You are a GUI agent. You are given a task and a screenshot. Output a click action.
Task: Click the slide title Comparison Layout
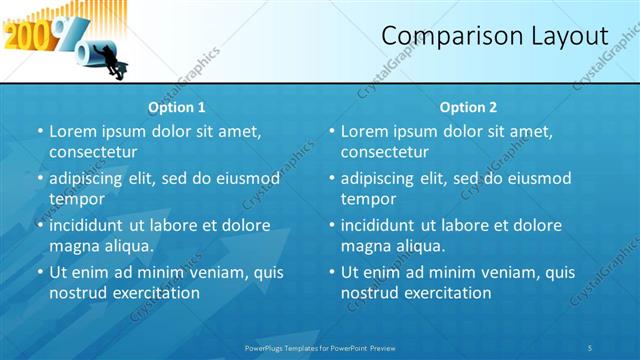click(x=495, y=37)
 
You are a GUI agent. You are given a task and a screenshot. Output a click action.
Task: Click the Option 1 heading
click(x=177, y=107)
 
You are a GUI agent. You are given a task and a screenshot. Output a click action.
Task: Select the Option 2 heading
click(x=469, y=107)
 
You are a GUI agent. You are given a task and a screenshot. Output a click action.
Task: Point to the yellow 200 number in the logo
click(x=23, y=36)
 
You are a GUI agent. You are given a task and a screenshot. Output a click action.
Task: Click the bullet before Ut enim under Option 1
click(x=39, y=272)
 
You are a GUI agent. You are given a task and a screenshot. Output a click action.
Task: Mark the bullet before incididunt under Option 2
click(x=331, y=225)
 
